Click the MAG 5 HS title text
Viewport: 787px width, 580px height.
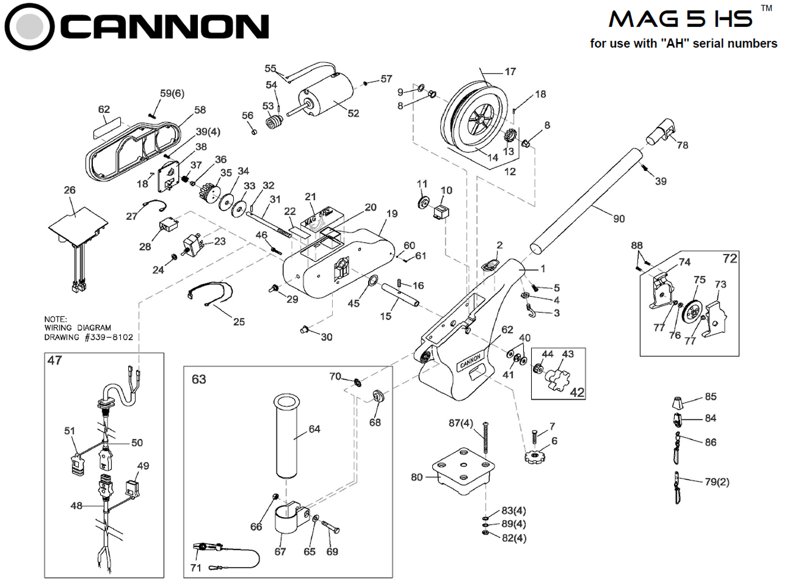tap(681, 20)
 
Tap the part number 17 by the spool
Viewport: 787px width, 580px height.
tap(510, 71)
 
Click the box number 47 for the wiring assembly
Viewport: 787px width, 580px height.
tap(55, 360)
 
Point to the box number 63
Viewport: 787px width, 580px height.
tap(198, 379)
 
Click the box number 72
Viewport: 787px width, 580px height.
tap(729, 259)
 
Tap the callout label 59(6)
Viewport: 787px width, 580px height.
tap(171, 93)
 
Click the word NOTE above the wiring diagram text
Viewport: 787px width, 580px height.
tap(55, 319)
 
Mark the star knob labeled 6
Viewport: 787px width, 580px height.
tap(535, 456)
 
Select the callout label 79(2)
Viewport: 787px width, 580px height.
tap(717, 482)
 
